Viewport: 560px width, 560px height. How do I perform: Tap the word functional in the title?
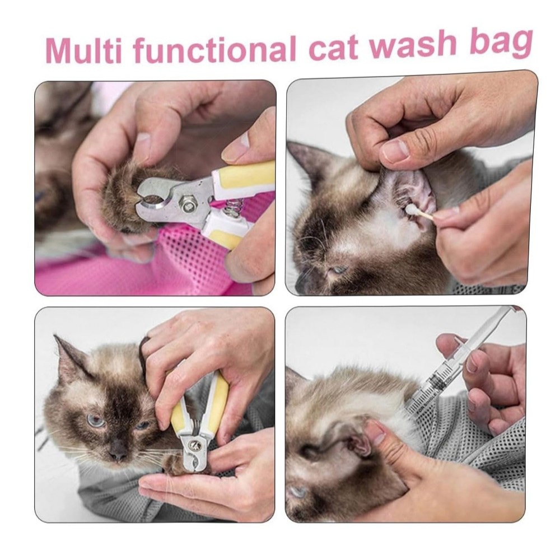[x=214, y=49]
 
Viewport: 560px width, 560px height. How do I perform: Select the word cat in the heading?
[x=333, y=47]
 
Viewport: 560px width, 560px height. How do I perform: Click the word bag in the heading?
[x=501, y=43]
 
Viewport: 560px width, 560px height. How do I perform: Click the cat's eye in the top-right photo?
[x=338, y=270]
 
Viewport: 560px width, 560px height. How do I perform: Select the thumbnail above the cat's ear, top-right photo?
[x=395, y=150]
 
